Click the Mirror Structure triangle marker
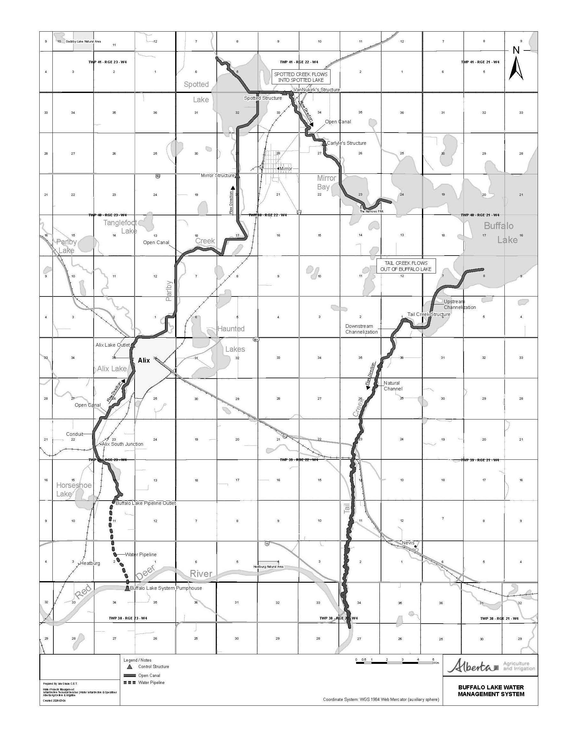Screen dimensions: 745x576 pyautogui.click(x=237, y=176)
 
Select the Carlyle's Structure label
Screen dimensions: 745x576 pyautogui.click(x=346, y=143)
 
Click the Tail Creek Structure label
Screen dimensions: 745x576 pyautogui.click(x=429, y=314)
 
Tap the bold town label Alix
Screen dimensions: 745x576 pyautogui.click(x=144, y=360)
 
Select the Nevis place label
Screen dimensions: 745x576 pyautogui.click(x=408, y=543)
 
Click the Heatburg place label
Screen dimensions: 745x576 pyautogui.click(x=90, y=563)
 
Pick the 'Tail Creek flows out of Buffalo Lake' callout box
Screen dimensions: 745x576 pyautogui.click(x=406, y=266)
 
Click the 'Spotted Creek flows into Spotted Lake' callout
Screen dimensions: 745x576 pyautogui.click(x=300, y=77)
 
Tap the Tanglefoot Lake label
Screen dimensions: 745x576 pyautogui.click(x=121, y=227)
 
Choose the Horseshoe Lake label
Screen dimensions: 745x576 pyautogui.click(x=69, y=489)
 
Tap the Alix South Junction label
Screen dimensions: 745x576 pyautogui.click(x=122, y=444)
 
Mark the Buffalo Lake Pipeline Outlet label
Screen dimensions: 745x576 pyautogui.click(x=146, y=503)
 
